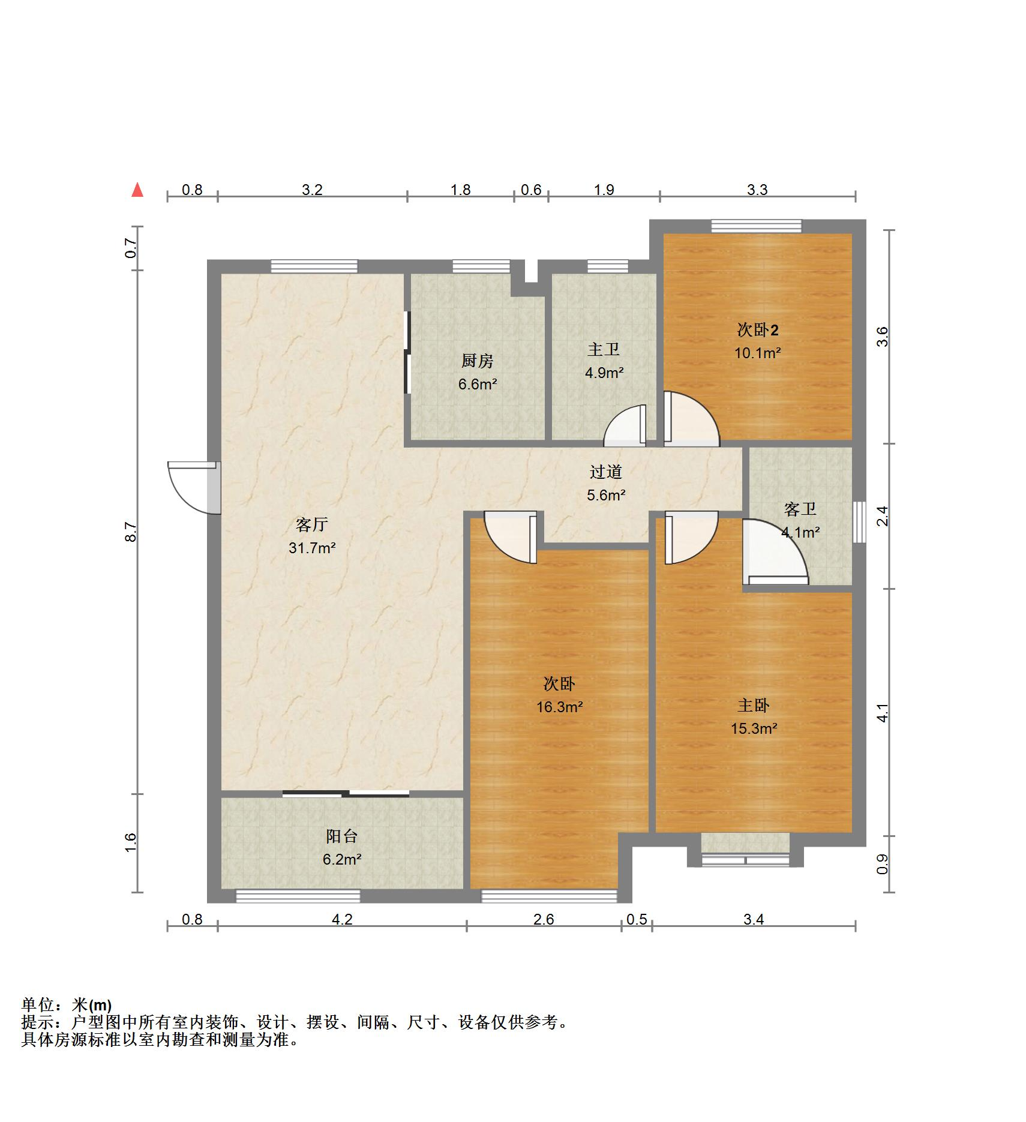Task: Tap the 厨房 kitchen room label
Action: pos(477,361)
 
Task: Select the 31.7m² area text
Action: pos(312,548)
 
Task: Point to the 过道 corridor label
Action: pos(605,472)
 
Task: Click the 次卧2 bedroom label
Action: pos(758,329)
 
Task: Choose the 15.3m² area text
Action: pos(754,728)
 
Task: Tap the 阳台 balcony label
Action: pos(342,836)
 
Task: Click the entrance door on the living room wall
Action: pos(194,487)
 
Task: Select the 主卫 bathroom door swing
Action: pos(625,425)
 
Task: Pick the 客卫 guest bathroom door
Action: pos(775,552)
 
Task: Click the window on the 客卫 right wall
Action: pos(859,521)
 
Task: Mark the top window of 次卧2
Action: pos(757,226)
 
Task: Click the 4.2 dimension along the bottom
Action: pos(343,919)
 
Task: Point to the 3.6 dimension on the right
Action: pos(882,337)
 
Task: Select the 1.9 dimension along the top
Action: pos(604,190)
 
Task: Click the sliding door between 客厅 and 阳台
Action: pos(346,794)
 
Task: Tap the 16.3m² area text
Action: pos(560,707)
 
